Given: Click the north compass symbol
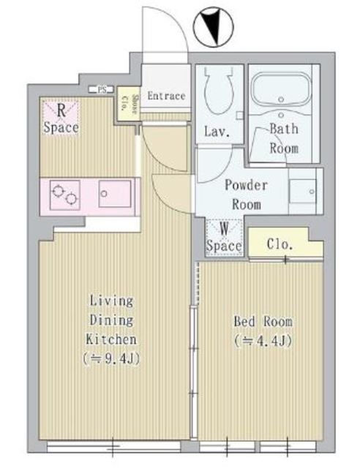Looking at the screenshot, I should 213,29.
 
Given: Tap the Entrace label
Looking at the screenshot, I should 166,96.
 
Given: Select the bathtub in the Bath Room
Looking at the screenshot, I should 282,92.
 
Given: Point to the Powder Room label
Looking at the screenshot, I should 246,195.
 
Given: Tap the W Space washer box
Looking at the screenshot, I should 223,238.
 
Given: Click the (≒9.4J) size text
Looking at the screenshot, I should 112,358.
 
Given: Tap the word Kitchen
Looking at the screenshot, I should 112,339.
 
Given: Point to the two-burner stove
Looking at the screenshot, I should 64,195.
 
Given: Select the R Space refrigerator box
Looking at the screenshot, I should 59,118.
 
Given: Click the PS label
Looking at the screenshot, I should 102,90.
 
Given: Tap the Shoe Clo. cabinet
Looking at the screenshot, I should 126,105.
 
